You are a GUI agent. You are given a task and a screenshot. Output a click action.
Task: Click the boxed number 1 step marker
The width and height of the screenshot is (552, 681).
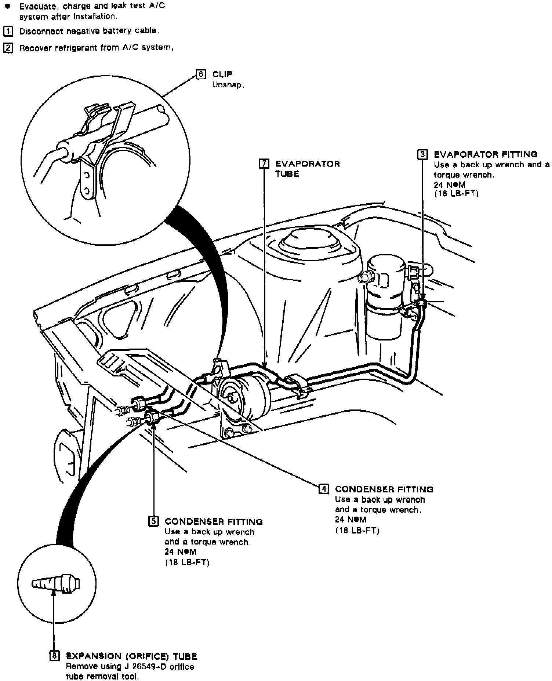click(x=7, y=31)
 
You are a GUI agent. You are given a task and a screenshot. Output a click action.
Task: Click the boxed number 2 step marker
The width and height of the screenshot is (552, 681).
click(x=7, y=48)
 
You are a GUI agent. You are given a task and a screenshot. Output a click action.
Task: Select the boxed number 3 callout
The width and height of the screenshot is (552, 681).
click(x=422, y=154)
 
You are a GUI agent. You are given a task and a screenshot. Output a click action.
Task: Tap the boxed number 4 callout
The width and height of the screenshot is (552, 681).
click(x=323, y=489)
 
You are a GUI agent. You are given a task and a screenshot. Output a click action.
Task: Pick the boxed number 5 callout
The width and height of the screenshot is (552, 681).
click(x=153, y=521)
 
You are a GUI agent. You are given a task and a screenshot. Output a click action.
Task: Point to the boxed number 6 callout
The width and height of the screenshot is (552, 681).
click(x=201, y=74)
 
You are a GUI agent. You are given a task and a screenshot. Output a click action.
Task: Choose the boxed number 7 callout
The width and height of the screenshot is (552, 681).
click(x=264, y=164)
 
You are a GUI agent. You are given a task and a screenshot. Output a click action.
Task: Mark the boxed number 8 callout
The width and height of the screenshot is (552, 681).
click(x=54, y=656)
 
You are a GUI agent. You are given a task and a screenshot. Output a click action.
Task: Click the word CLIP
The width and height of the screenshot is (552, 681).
click(x=222, y=74)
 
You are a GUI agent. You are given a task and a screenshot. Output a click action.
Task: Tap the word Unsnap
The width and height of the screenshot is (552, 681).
click(x=228, y=85)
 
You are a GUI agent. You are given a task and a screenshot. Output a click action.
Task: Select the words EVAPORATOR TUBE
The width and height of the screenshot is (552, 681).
click(x=307, y=168)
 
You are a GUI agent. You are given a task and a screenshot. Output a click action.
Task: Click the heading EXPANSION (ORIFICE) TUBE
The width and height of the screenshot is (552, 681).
click(x=131, y=656)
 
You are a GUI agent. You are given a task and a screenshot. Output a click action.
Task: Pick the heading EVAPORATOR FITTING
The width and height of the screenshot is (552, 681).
click(x=485, y=154)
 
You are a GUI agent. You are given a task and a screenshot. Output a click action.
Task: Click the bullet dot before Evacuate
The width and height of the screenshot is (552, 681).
click(x=7, y=7)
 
